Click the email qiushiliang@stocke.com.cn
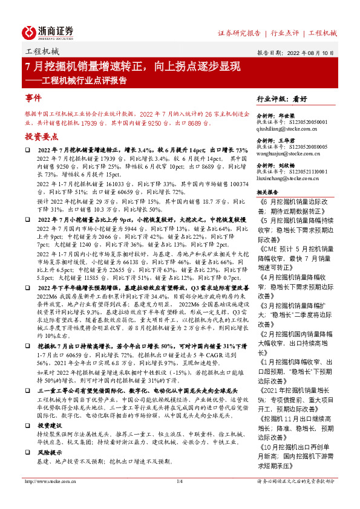click(292, 129)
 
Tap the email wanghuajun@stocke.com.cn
click(291, 154)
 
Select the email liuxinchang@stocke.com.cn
click(292, 179)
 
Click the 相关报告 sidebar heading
click(269, 192)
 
